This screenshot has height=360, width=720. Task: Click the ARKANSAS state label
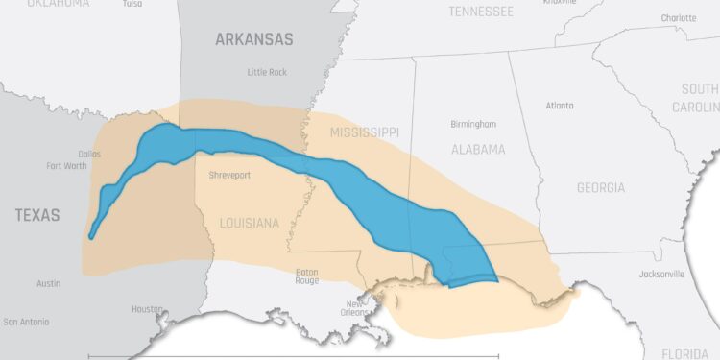click(253, 39)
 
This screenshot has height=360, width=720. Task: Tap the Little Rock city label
click(268, 72)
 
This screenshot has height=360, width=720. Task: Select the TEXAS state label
click(36, 215)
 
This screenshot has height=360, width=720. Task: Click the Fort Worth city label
click(66, 165)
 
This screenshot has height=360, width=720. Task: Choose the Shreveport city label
click(231, 175)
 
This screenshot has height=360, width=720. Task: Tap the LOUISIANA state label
click(249, 223)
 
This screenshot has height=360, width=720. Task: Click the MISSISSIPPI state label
click(364, 132)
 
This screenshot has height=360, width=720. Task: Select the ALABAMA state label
click(478, 150)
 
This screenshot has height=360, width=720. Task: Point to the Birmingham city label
click(473, 125)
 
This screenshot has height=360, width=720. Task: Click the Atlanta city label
click(559, 106)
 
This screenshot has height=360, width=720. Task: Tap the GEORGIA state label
click(601, 188)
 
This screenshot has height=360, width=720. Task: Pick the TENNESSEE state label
click(481, 12)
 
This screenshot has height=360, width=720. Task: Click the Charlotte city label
click(679, 18)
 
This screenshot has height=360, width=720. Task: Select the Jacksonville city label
click(661, 274)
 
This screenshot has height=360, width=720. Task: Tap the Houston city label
click(147, 309)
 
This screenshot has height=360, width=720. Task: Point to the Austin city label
click(49, 283)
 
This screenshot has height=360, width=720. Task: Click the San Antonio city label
click(29, 322)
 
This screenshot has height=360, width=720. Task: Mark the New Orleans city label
click(354, 308)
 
